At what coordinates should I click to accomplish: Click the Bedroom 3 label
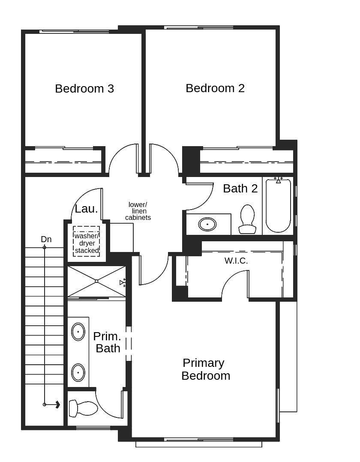click(84, 89)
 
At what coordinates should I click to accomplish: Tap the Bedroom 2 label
click(215, 88)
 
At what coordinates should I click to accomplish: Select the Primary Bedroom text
click(205, 369)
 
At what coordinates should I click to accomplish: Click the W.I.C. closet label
click(236, 261)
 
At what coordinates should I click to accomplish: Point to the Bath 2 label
click(240, 189)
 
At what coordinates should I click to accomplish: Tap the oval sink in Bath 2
click(207, 224)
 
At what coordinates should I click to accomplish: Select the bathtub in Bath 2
click(278, 206)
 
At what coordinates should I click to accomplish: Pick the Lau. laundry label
click(86, 209)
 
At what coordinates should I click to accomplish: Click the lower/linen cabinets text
click(138, 211)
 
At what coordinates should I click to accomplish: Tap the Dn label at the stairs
click(46, 239)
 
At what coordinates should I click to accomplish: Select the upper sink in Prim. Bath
click(78, 332)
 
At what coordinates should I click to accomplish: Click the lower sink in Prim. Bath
click(78, 372)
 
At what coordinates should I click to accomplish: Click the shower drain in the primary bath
click(97, 281)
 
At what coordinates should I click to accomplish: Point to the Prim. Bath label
click(107, 342)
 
